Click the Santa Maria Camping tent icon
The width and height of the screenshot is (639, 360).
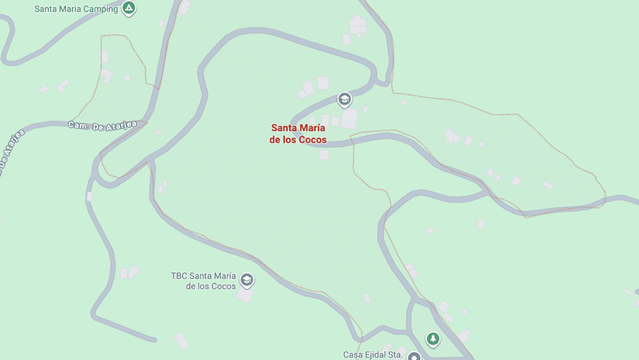(x=129, y=8)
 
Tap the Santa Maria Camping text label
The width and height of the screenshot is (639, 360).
(x=76, y=9)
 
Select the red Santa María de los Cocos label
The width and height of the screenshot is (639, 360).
(x=298, y=134)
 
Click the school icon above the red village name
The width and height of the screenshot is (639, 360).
(x=344, y=100)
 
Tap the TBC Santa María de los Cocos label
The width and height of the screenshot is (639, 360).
(x=203, y=281)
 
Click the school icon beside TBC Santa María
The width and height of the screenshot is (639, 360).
(x=246, y=280)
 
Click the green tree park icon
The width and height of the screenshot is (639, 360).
(x=432, y=338)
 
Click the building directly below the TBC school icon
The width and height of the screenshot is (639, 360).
(x=245, y=295)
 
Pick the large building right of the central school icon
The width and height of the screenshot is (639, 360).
(x=349, y=118)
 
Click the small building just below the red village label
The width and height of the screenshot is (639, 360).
(x=324, y=155)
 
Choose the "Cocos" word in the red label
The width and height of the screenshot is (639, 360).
(x=313, y=140)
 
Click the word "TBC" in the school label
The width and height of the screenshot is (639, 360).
(x=179, y=276)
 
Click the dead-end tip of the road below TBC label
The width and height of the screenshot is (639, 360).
(x=154, y=339)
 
